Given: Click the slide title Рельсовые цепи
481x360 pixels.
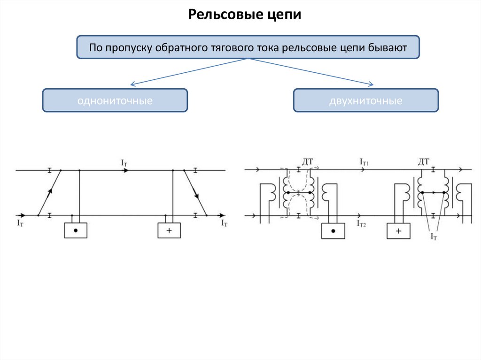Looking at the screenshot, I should point(244,15).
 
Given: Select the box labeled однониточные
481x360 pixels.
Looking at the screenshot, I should point(115,100).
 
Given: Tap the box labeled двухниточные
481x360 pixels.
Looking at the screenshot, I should point(366,100).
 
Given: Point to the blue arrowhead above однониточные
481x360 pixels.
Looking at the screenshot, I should point(133,85).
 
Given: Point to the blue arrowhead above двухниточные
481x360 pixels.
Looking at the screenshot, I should point(370,84).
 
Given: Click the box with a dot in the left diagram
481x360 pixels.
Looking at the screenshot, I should point(76,230).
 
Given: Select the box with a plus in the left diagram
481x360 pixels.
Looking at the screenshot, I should point(169,230).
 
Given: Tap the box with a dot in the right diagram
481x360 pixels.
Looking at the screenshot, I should point(333,230).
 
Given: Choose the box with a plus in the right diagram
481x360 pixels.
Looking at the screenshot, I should point(398,230).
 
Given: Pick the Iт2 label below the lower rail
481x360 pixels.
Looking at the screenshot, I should point(361,225).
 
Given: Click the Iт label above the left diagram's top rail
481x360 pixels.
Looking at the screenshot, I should point(124,162).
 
